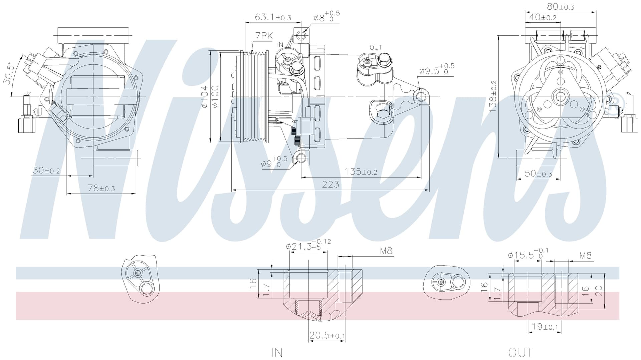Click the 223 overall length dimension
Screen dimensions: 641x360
pyautogui.click(x=331, y=184)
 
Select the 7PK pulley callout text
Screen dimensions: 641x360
pyautogui.click(x=264, y=36)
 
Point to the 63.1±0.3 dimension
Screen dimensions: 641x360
pyautogui.click(x=273, y=17)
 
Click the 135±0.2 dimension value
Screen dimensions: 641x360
pyautogui.click(x=361, y=171)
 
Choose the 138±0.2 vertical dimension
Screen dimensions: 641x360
pyautogui.click(x=493, y=96)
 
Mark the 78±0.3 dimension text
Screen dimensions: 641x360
pyautogui.click(x=101, y=188)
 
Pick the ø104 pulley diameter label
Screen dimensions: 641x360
pyautogui.click(x=205, y=96)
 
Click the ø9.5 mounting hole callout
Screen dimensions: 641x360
pyautogui.click(x=437, y=69)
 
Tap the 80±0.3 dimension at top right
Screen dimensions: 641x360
pyautogui.click(x=561, y=6)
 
